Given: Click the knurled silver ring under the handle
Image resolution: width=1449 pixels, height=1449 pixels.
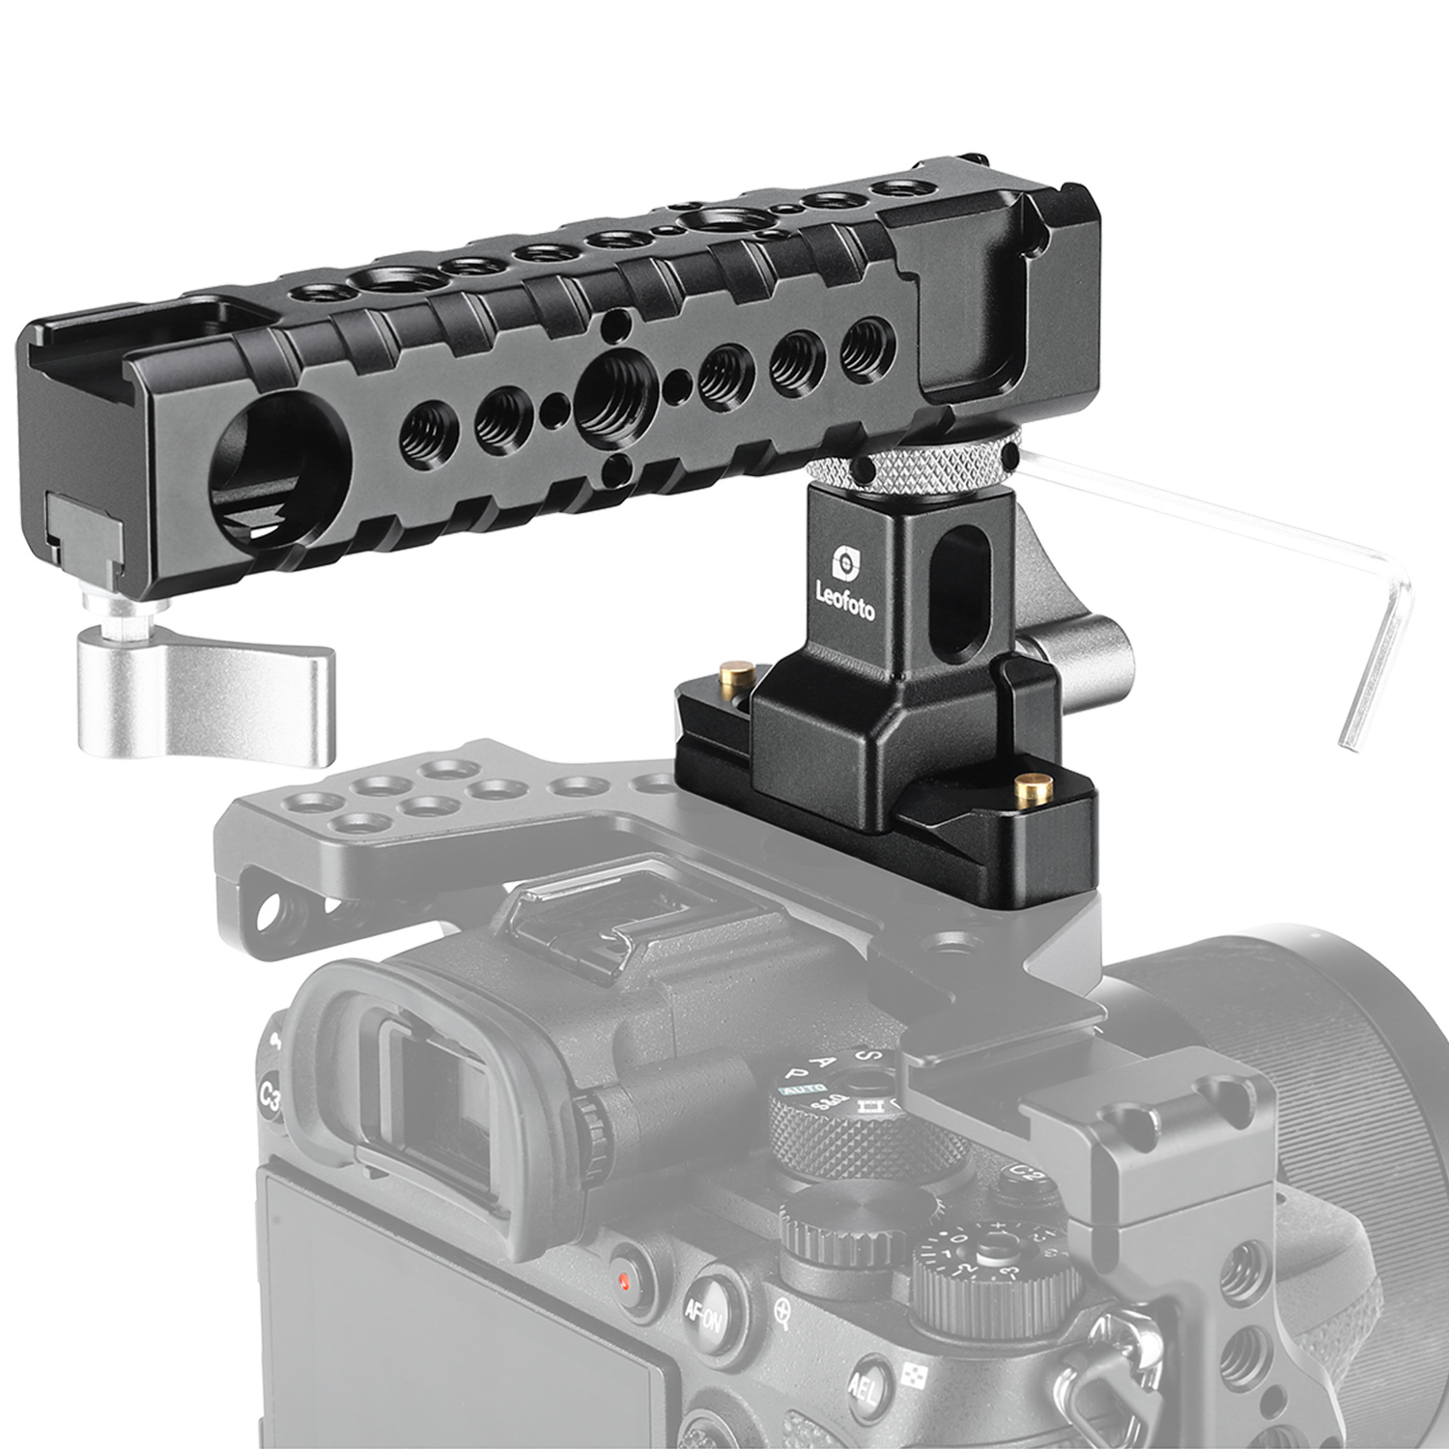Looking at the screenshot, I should [x=908, y=469].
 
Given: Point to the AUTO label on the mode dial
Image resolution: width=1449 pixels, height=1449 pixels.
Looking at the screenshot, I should [x=801, y=1090].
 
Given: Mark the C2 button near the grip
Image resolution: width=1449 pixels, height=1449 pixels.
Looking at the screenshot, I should [x=1028, y=1174].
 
